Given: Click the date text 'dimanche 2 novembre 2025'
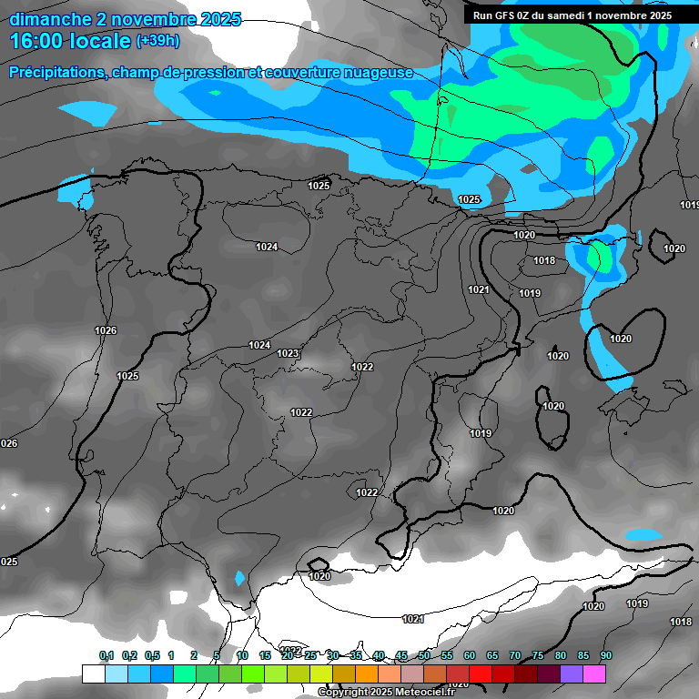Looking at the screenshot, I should point(125,19).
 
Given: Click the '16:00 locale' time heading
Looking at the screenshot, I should point(69,41).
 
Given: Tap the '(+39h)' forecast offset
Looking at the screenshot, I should point(157,41).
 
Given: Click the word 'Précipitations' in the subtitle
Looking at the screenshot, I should point(56,72).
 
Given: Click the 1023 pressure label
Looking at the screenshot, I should point(288,353).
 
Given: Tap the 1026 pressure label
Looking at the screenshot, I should point(106,330).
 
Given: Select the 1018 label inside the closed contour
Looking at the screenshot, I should point(544,261).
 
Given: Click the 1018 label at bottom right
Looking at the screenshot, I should point(680,622).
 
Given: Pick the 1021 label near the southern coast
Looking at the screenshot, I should point(413,619).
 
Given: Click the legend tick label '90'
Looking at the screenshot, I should point(606,655).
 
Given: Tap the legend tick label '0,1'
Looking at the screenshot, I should point(106,655).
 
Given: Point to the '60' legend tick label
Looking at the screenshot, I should point(470,655).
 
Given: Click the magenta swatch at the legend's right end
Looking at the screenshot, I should point(594,674).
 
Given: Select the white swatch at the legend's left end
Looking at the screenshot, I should point(93,674).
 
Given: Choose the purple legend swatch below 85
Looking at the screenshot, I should point(572,674).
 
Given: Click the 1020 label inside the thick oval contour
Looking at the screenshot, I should point(621,339).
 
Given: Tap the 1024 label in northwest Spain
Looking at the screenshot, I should point(267,248).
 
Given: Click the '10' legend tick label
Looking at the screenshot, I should point(242,655).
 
